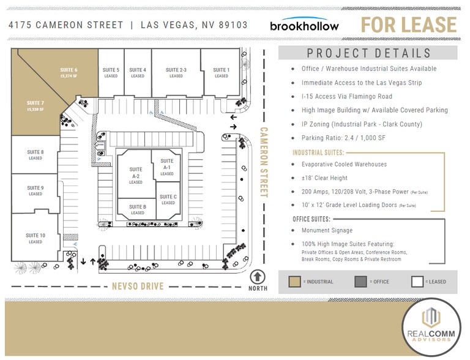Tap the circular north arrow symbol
(x=258, y=277)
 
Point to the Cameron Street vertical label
(x=264, y=162)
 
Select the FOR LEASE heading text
(x=409, y=25)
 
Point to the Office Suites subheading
(x=312, y=219)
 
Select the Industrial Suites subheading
(x=318, y=152)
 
